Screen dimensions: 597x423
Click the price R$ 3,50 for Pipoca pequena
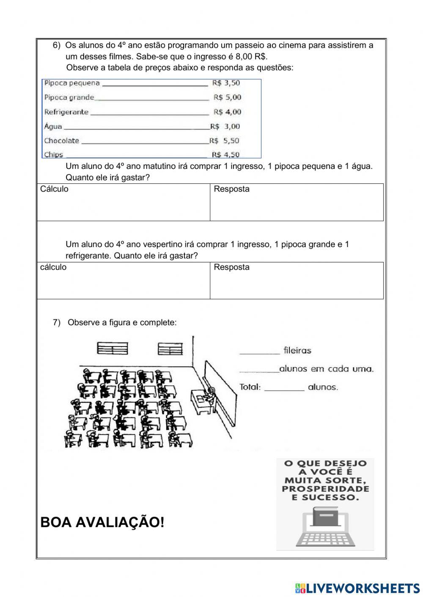tap(226, 83)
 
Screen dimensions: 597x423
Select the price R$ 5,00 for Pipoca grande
tap(227, 98)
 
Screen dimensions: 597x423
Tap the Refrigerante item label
tap(66, 112)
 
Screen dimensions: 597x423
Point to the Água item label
tap(53, 126)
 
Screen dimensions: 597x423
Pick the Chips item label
tap(54, 155)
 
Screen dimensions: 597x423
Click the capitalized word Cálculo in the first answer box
tap(54, 189)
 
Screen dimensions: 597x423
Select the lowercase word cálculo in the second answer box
tap(53, 267)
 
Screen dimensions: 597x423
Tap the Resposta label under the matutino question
tap(231, 189)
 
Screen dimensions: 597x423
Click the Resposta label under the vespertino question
tap(231, 267)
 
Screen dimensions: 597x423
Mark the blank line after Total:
tap(284, 388)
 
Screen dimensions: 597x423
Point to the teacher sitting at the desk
tap(210, 393)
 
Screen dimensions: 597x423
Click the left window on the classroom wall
tap(113, 348)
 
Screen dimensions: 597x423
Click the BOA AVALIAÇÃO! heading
tap(102, 523)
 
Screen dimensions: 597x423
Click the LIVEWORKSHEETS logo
tap(357, 588)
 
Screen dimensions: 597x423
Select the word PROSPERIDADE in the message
tap(325, 489)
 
